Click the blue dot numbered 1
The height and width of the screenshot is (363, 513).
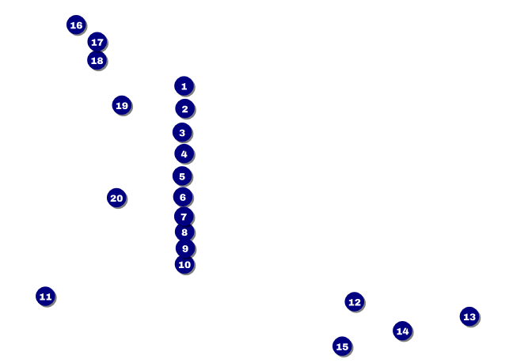pyautogui.click(x=184, y=86)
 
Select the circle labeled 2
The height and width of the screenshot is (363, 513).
pyautogui.click(x=184, y=108)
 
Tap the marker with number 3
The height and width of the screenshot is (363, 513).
pyautogui.click(x=182, y=132)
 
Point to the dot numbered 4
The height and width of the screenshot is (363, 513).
pyautogui.click(x=184, y=153)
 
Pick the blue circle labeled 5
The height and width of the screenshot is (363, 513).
pyautogui.click(x=182, y=176)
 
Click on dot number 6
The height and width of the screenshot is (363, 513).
pyautogui.click(x=183, y=197)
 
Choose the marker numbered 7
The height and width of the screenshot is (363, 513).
pyautogui.click(x=184, y=216)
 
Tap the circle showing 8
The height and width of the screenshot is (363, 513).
pyautogui.click(x=184, y=232)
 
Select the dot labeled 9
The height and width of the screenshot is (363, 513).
pyautogui.click(x=185, y=248)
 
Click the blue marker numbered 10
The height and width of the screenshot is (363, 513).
pyautogui.click(x=184, y=264)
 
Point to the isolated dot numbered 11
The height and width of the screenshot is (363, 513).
pyautogui.click(x=45, y=297)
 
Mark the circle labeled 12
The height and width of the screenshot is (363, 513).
pyautogui.click(x=355, y=301)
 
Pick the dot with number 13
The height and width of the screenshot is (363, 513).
pyautogui.click(x=469, y=316)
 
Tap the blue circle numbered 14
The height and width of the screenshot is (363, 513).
pyautogui.click(x=402, y=331)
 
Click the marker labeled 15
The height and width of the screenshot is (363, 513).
pyautogui.click(x=342, y=346)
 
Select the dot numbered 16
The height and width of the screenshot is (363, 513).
pyautogui.click(x=76, y=25)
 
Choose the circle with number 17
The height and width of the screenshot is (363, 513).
pyautogui.click(x=97, y=42)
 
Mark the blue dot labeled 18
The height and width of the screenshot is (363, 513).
pyautogui.click(x=97, y=60)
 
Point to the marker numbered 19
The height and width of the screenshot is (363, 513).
pyautogui.click(x=121, y=105)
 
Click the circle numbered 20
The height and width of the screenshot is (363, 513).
pyautogui.click(x=116, y=198)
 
